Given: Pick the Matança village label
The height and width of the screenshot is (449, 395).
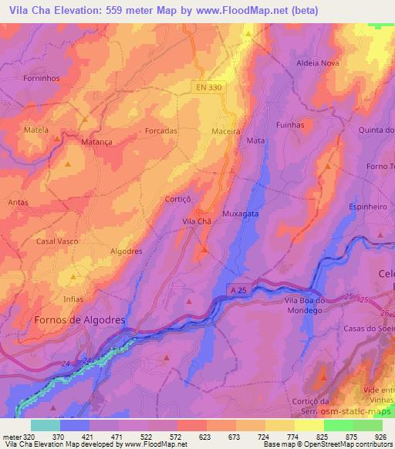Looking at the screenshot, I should tap(96, 142).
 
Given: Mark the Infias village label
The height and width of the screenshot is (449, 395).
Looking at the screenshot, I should tap(74, 298).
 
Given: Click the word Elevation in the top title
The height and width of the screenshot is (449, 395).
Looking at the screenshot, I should tap(86, 11).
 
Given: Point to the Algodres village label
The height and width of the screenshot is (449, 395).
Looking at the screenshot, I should tap(127, 252).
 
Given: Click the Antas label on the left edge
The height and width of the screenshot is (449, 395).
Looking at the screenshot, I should tap(17, 203).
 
